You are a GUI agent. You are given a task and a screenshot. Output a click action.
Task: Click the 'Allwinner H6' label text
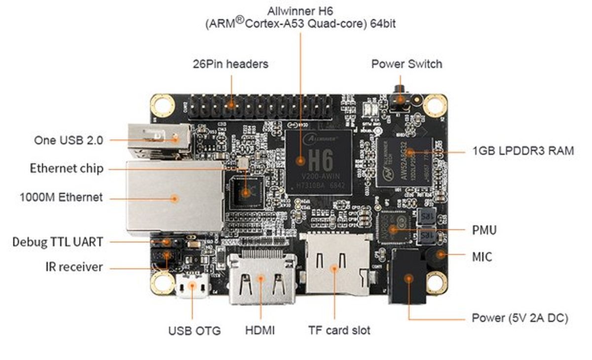[x=300, y=10]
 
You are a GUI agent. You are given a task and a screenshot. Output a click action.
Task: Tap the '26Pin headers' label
[x=230, y=64]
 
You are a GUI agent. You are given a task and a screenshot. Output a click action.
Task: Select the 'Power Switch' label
[x=407, y=64]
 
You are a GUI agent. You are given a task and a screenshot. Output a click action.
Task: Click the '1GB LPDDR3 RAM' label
[x=523, y=151]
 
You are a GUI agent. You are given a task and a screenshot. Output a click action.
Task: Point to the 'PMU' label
[x=484, y=230]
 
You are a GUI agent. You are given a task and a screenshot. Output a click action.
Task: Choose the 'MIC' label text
[x=481, y=256]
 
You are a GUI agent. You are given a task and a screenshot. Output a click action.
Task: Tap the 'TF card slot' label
[x=339, y=330]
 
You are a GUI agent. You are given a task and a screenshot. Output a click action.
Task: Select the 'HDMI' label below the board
[x=260, y=330]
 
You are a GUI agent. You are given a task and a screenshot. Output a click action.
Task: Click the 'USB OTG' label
[x=194, y=330]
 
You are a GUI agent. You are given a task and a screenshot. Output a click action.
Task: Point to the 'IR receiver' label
[x=74, y=267]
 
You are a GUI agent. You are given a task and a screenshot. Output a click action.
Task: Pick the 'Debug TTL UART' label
[x=58, y=242]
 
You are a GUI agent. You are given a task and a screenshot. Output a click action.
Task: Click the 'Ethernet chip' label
[x=67, y=169]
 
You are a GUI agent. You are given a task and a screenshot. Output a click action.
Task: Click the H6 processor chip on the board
[x=320, y=160]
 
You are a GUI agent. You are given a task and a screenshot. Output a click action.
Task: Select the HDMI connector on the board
[x=261, y=281]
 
